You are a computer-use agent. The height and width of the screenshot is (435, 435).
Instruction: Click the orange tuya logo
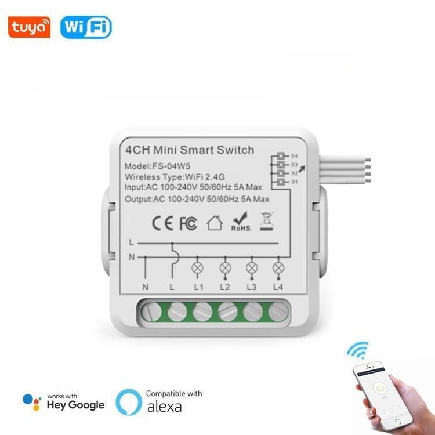(x=29, y=27)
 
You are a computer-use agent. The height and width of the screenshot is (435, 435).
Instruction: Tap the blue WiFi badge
(x=86, y=27)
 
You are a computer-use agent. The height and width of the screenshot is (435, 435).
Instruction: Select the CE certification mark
(x=162, y=223)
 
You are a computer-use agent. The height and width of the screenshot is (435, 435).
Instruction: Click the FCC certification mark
(x=188, y=223)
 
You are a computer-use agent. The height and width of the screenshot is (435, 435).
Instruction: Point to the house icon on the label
(x=215, y=223)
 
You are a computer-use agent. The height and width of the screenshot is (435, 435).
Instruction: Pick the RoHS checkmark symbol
(x=241, y=222)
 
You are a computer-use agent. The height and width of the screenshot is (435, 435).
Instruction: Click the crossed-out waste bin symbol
(x=267, y=221)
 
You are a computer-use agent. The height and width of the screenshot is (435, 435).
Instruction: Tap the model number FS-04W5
(x=171, y=166)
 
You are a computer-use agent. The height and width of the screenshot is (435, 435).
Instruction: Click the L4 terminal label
(x=278, y=287)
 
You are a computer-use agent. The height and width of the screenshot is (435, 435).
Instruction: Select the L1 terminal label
(x=198, y=287)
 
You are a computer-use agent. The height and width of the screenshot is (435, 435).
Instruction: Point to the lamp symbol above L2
(x=225, y=268)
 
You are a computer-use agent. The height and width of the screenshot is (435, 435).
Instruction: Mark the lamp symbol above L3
(x=252, y=268)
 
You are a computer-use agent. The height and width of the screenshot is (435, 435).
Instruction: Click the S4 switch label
(x=294, y=156)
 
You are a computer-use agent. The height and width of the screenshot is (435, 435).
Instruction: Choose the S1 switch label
(x=294, y=182)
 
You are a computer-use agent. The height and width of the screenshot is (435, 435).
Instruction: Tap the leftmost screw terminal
(x=151, y=312)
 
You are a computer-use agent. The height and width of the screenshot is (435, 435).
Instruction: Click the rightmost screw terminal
(x=278, y=312)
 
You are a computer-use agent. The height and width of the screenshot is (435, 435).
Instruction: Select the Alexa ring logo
(x=129, y=403)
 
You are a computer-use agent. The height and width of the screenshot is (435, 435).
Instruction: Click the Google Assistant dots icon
(x=32, y=402)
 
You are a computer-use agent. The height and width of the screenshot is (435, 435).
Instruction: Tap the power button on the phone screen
(x=379, y=388)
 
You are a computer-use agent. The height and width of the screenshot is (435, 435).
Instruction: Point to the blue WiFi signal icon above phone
(x=358, y=350)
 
